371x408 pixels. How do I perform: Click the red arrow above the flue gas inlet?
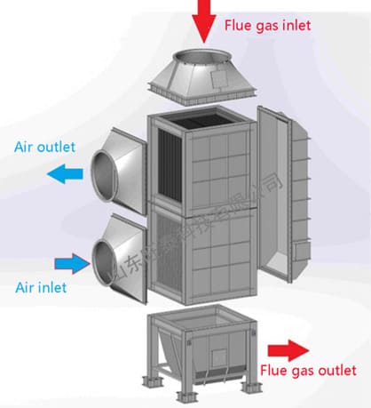[x=206, y=18]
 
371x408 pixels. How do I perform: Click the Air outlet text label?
[x=43, y=147]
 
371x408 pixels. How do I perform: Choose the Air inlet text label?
[x=40, y=287]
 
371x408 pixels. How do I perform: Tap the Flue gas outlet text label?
[x=308, y=369]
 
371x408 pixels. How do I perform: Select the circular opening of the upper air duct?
[x=115, y=168]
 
